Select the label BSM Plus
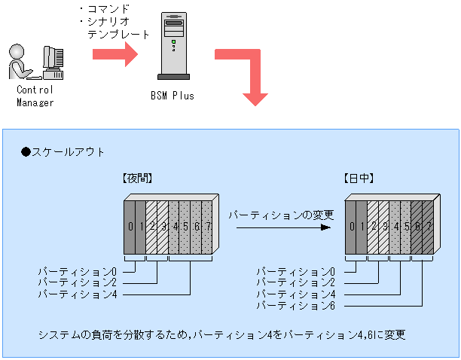click(172, 96)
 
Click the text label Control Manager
click(35, 96)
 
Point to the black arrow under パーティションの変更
click(282, 227)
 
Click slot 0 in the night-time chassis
click(130, 226)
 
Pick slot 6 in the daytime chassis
click(417, 226)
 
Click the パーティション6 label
click(295, 306)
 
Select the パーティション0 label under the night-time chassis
click(78, 270)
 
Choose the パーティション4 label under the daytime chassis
click(295, 294)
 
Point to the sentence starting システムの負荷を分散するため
click(223, 333)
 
